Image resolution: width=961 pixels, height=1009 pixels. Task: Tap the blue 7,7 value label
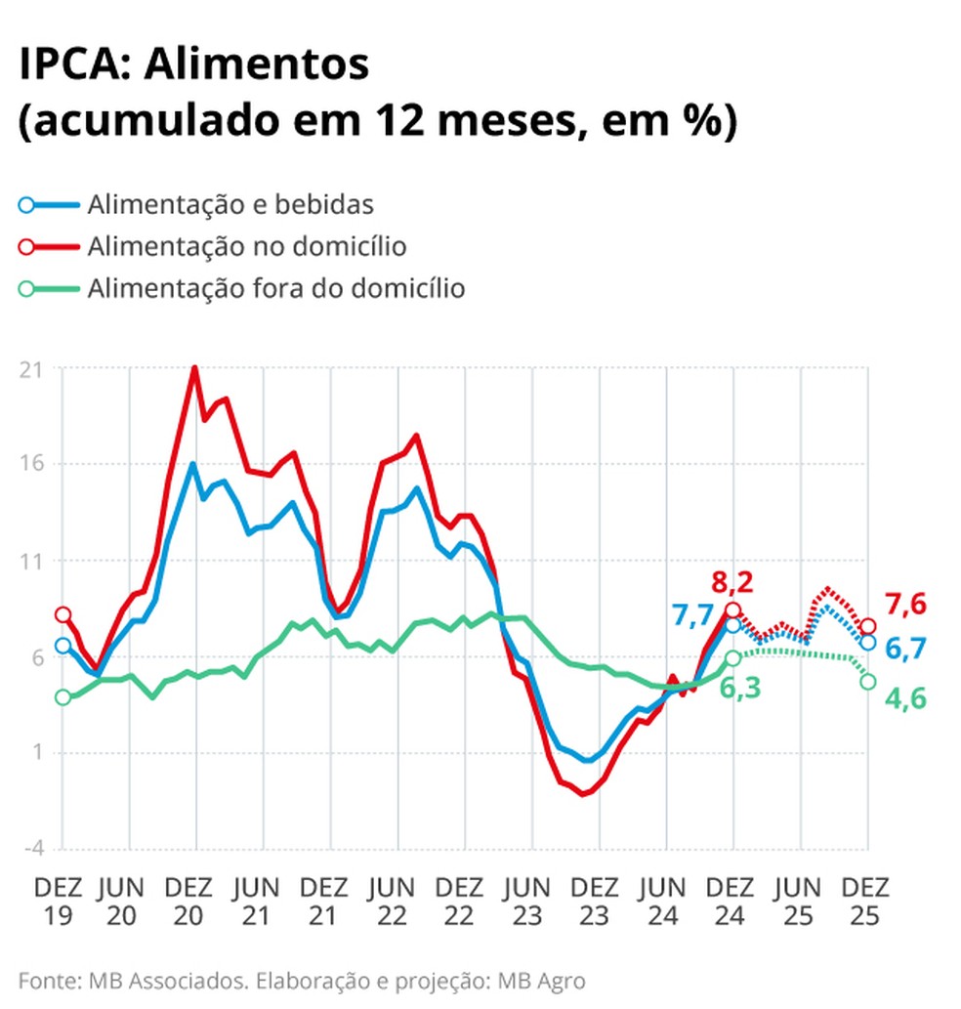(691, 615)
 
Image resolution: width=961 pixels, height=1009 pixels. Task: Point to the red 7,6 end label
(906, 605)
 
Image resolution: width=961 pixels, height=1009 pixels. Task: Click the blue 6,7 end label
(906, 648)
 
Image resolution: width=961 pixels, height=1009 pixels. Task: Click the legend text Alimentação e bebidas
(230, 205)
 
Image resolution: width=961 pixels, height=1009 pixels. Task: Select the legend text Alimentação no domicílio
(246, 246)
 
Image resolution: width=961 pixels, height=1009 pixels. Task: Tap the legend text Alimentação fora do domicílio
(275, 288)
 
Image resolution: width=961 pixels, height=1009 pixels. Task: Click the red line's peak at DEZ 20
(195, 368)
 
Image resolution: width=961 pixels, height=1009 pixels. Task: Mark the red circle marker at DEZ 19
(63, 614)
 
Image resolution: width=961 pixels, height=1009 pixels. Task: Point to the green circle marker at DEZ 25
(867, 682)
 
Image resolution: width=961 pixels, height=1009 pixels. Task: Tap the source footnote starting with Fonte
(303, 979)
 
